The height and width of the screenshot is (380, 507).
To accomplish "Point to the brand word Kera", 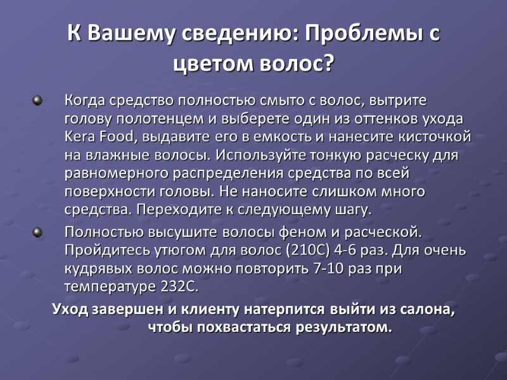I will coord(80,136).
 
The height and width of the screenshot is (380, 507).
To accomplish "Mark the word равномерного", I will coord(115,173).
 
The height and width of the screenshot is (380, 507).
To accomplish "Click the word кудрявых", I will coord(99,268).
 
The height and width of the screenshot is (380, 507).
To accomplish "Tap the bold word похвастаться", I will coord(243,327).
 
